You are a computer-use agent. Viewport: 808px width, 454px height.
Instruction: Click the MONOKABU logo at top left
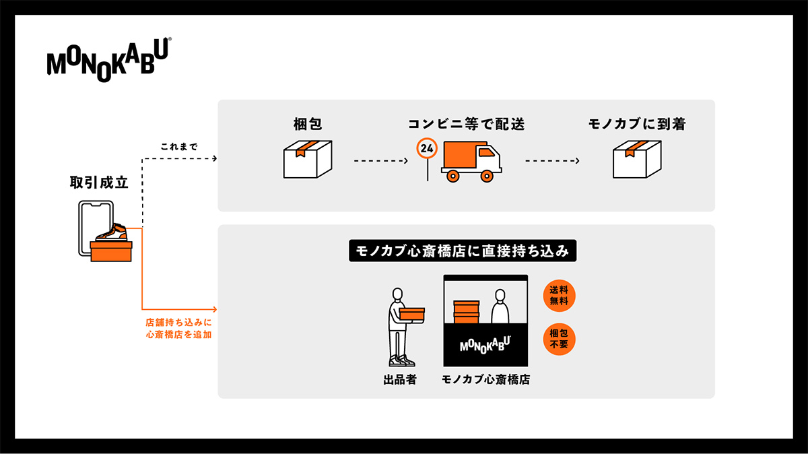108,61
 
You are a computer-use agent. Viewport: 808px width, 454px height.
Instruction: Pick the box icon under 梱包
307,159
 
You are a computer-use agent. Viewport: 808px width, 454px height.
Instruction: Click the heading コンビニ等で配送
465,123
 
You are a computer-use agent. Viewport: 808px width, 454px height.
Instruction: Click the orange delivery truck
471,162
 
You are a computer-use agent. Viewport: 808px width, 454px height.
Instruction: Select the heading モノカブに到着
636,123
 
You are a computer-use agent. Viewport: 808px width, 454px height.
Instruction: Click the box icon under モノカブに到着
636,159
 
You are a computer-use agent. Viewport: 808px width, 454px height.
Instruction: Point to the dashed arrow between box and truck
381,161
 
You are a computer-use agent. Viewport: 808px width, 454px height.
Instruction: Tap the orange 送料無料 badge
559,296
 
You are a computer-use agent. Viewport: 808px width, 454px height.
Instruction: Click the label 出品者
399,380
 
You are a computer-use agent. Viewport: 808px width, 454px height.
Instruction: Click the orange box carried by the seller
411,313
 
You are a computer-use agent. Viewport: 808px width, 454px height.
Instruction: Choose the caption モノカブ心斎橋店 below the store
485,380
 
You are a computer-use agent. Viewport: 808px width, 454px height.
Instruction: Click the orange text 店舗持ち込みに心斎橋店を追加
179,328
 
